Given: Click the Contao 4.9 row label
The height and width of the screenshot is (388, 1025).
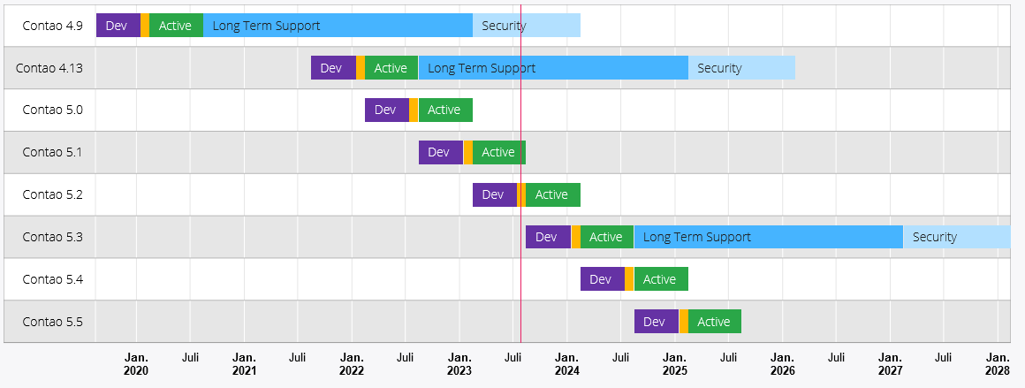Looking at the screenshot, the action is (x=52, y=26).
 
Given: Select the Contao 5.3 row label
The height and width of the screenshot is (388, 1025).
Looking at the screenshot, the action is (x=52, y=237).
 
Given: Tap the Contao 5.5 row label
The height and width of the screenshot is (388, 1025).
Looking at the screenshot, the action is (x=52, y=322).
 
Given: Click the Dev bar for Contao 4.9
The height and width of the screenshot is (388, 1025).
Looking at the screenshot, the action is (x=118, y=26).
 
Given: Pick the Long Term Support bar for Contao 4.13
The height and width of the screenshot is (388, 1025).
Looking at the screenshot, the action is (x=553, y=68).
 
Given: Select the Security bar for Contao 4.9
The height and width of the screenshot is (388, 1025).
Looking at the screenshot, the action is (x=527, y=26).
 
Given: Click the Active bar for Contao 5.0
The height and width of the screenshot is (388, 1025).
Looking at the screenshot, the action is (x=445, y=110).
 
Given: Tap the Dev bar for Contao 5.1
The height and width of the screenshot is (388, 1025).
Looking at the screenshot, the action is (x=441, y=152).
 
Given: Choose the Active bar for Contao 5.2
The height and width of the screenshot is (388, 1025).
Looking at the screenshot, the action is (x=553, y=195).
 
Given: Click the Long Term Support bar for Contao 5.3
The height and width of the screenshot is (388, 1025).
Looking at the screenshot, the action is (x=769, y=237).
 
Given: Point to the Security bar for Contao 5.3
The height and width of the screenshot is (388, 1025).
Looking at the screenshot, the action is (x=957, y=237).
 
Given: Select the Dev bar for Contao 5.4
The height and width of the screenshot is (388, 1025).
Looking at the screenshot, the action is (x=603, y=279).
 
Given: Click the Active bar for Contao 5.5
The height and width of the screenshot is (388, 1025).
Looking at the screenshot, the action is (x=715, y=322).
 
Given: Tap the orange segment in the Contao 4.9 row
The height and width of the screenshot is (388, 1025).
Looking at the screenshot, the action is (x=144, y=26).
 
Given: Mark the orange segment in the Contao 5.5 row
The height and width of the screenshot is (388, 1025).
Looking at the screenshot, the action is (x=684, y=322).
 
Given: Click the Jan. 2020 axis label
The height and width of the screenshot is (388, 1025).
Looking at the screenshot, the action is (x=136, y=364).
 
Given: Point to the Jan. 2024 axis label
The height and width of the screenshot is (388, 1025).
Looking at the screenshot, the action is (x=566, y=364).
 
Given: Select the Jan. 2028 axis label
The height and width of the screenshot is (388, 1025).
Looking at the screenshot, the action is (x=998, y=364).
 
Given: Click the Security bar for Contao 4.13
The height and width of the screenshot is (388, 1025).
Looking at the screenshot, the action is (x=741, y=68).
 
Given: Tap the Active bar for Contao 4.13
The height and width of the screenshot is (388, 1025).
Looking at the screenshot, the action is (x=391, y=68).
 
